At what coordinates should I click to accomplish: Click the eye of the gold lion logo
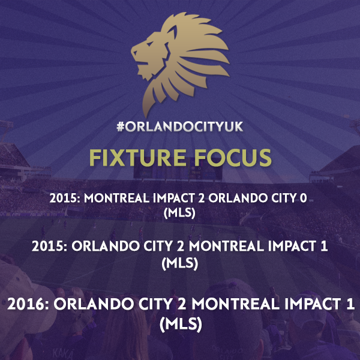click(149, 44)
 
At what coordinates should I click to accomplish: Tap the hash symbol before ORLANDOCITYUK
click(121, 127)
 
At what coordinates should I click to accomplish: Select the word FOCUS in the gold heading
click(233, 157)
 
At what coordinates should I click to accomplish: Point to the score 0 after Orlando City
click(303, 198)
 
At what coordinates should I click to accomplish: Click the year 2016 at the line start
click(28, 304)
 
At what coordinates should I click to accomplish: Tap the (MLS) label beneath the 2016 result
click(181, 324)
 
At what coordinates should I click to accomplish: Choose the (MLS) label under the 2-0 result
click(179, 212)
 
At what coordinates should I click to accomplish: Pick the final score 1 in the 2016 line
click(350, 304)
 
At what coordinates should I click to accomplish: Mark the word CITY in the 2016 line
click(155, 304)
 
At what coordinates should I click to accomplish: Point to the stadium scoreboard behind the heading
click(178, 171)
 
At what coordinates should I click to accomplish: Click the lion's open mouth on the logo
click(140, 59)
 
